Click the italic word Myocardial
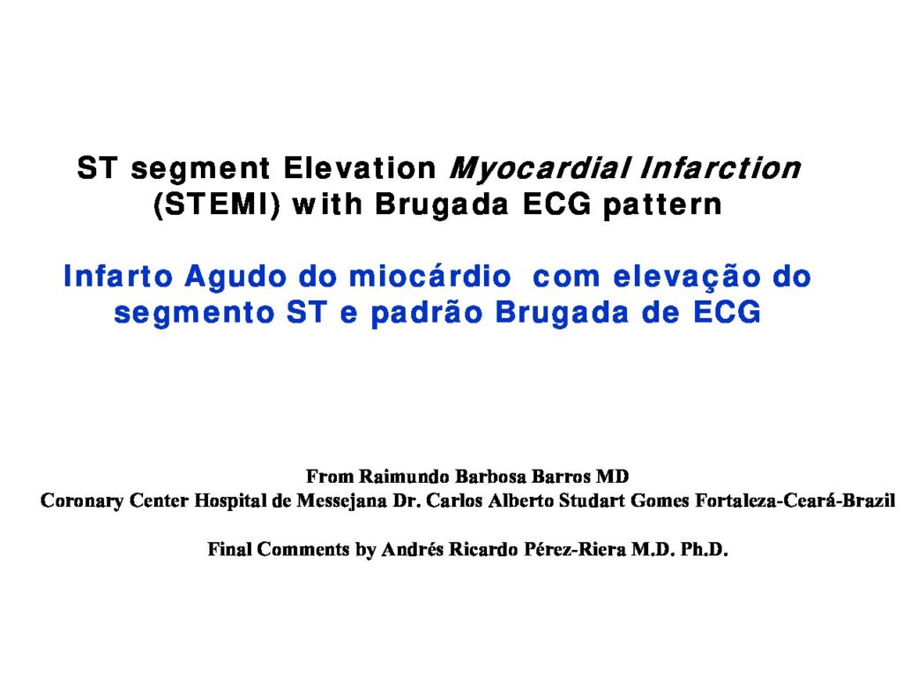540,168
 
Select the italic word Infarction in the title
720,167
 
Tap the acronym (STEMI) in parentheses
217,204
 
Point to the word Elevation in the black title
360,168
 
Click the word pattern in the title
662,205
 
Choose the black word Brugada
442,205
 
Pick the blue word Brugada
562,314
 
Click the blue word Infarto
118,276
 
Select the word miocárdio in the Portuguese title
429,276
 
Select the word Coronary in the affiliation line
82,501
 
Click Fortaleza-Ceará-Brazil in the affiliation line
795,501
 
